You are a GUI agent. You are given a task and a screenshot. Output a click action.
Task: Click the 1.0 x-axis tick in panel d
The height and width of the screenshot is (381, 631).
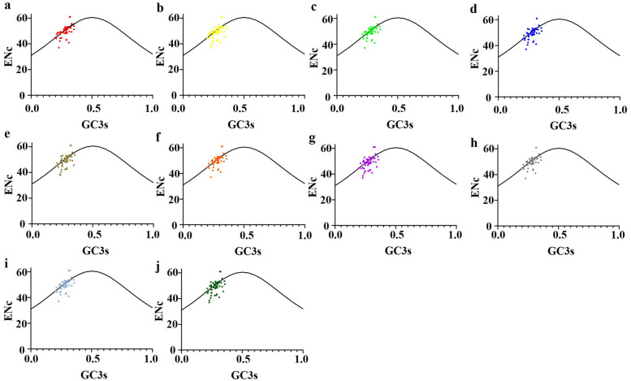(619, 106)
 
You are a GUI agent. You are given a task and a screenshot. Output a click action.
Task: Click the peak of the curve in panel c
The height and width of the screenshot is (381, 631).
(398, 18)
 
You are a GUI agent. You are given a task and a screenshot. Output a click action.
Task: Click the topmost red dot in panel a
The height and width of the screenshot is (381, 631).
(70, 16)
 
